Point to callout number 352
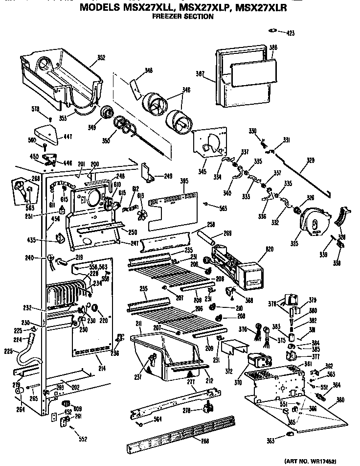tap(101, 58)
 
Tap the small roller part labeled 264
tap(21, 391)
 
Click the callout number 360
tap(340, 400)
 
